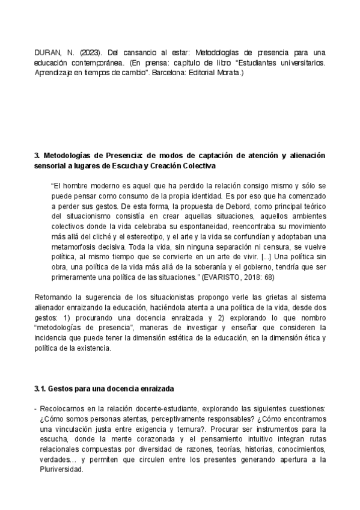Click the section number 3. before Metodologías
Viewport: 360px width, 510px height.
click(x=37, y=155)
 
